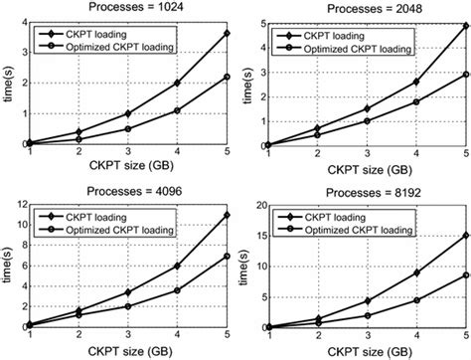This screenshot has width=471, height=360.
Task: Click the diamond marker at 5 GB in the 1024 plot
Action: [x=204, y=33]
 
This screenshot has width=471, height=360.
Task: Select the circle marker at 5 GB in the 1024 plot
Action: [x=204, y=77]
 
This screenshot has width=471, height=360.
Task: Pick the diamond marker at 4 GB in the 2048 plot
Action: [x=414, y=82]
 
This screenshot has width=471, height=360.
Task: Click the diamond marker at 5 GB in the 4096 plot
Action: [x=204, y=215]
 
